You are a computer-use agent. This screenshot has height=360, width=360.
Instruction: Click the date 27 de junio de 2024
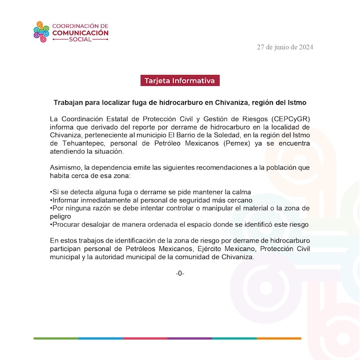pos(285,47)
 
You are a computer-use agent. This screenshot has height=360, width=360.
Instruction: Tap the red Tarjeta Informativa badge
pos(179,80)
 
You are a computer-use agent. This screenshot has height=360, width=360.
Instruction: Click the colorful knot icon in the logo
pos(40,31)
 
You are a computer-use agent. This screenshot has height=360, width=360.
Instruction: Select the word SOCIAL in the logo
pos(80,39)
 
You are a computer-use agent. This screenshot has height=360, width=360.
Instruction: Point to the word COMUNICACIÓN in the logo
pos(80,32)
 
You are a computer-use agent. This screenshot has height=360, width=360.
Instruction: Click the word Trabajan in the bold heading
pos(68,102)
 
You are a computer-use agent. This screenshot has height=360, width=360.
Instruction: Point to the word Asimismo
pos(66,168)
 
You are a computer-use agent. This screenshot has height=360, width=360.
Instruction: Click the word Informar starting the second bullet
pos(66,200)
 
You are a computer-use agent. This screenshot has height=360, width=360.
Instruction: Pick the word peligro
pos(62,216)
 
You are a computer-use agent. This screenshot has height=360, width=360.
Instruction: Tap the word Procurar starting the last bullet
pos(67,224)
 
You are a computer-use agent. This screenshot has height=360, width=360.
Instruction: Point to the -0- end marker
pos(180,273)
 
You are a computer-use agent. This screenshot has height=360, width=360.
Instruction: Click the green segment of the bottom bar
pos(55,338)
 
